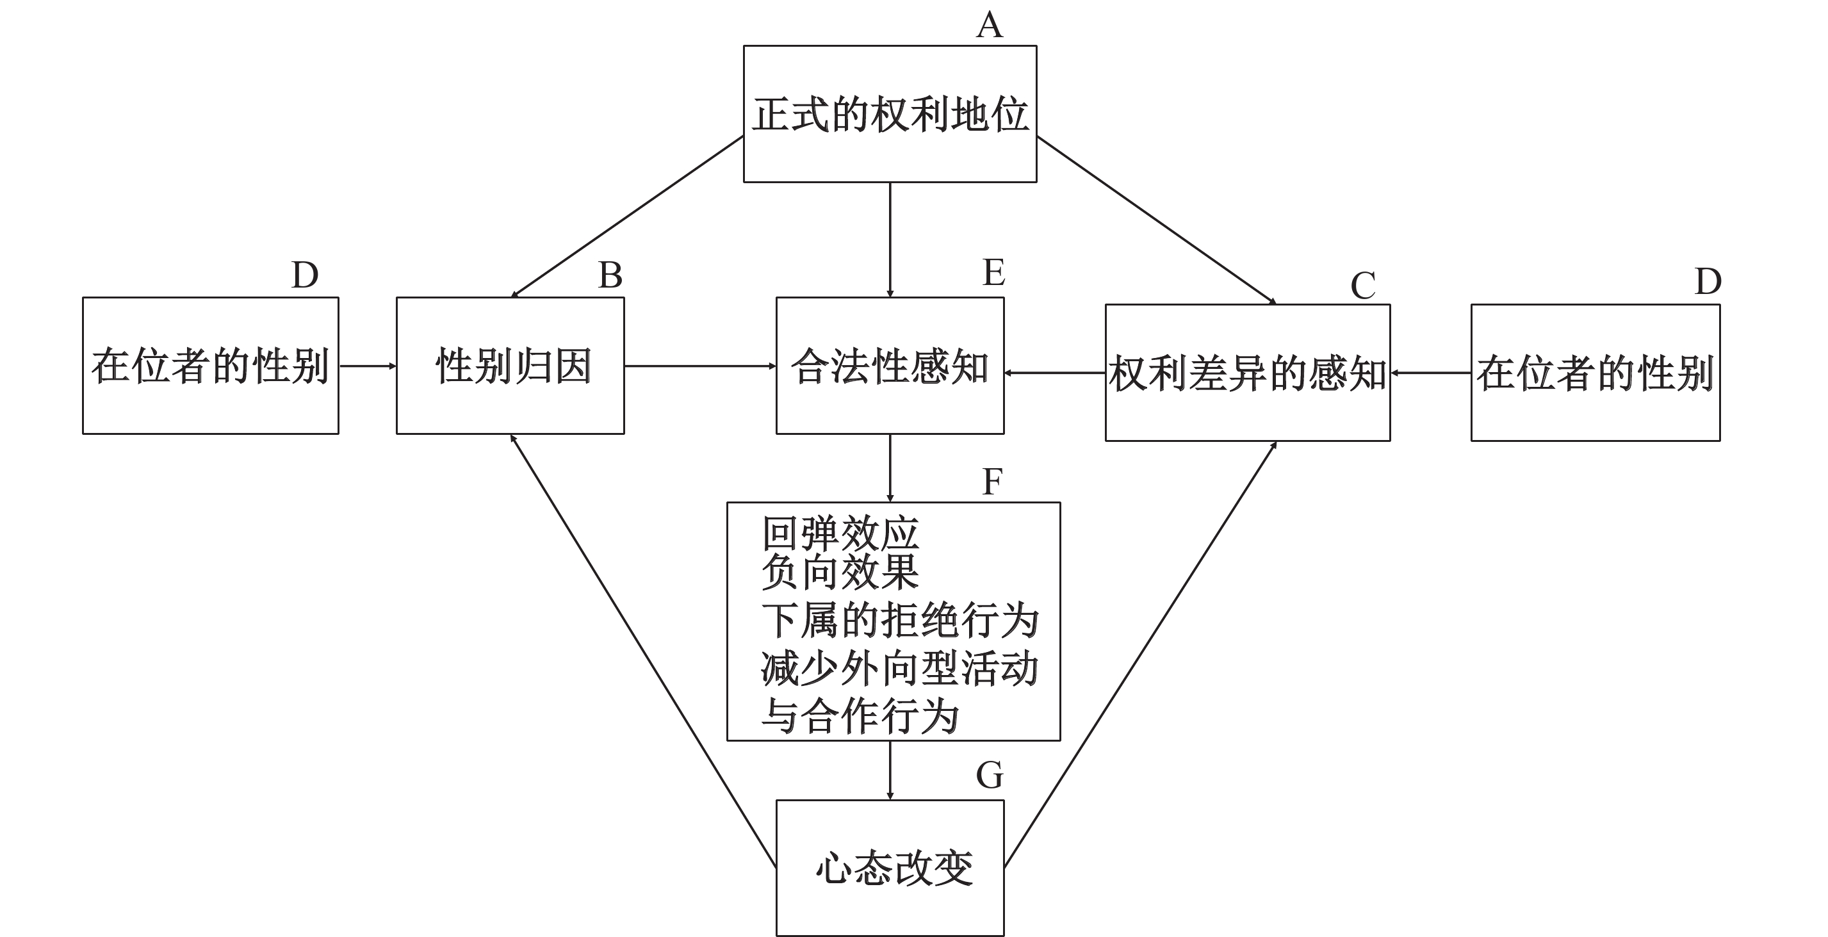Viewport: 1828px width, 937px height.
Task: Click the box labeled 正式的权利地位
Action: [x=889, y=113]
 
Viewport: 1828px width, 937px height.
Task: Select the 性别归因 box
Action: [x=510, y=366]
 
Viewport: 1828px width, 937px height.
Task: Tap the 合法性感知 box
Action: [x=889, y=366]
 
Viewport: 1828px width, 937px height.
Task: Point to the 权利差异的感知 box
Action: [x=1247, y=373]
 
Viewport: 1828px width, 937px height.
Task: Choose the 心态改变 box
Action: [x=889, y=867]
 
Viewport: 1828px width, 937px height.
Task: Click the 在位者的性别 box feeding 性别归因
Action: [x=210, y=366]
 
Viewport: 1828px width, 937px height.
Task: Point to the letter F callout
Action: [x=992, y=482]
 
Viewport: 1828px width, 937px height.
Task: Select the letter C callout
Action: [x=1362, y=286]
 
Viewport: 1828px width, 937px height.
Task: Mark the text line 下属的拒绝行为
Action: [x=899, y=621]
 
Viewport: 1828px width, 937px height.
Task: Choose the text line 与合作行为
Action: [x=860, y=715]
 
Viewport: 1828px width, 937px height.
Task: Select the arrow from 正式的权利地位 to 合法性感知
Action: [x=890, y=240]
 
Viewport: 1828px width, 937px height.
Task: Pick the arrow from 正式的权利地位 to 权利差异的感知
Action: [x=1157, y=220]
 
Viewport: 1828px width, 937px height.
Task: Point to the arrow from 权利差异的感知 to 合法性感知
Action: [x=1054, y=372]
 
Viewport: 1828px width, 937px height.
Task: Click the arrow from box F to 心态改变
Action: [x=890, y=770]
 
